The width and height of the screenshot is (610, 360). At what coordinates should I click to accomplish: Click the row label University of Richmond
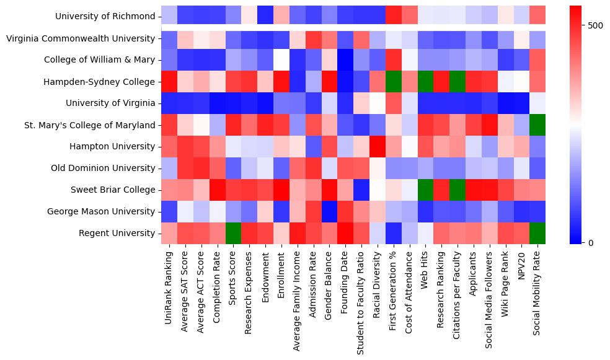tap(105, 16)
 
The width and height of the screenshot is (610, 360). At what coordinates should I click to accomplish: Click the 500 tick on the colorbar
tap(594, 25)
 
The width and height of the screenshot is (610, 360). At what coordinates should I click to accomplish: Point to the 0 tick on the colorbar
tap(590, 242)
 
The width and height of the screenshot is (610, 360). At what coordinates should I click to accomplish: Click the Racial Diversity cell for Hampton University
tap(378, 146)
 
